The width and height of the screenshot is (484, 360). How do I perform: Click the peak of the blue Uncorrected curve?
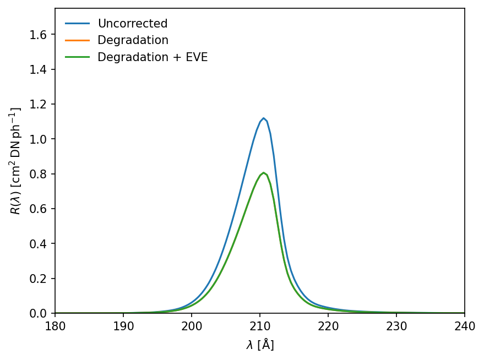tap(263, 118)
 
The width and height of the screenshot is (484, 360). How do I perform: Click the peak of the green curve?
tap(263, 173)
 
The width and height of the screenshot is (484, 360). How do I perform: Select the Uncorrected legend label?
tap(132, 24)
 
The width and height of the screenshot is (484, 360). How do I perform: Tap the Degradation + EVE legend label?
tap(153, 57)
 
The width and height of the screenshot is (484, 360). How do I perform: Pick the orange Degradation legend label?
tap(133, 40)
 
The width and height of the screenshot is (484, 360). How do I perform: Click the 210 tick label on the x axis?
tap(260, 324)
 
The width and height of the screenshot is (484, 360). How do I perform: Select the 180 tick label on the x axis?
tap(55, 324)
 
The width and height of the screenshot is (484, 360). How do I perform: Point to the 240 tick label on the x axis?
tap(464, 324)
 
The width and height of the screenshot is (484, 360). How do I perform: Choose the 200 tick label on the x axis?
tap(192, 324)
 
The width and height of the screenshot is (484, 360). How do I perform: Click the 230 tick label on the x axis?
tap(396, 324)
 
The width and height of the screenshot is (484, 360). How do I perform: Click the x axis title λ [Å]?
tap(260, 345)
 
